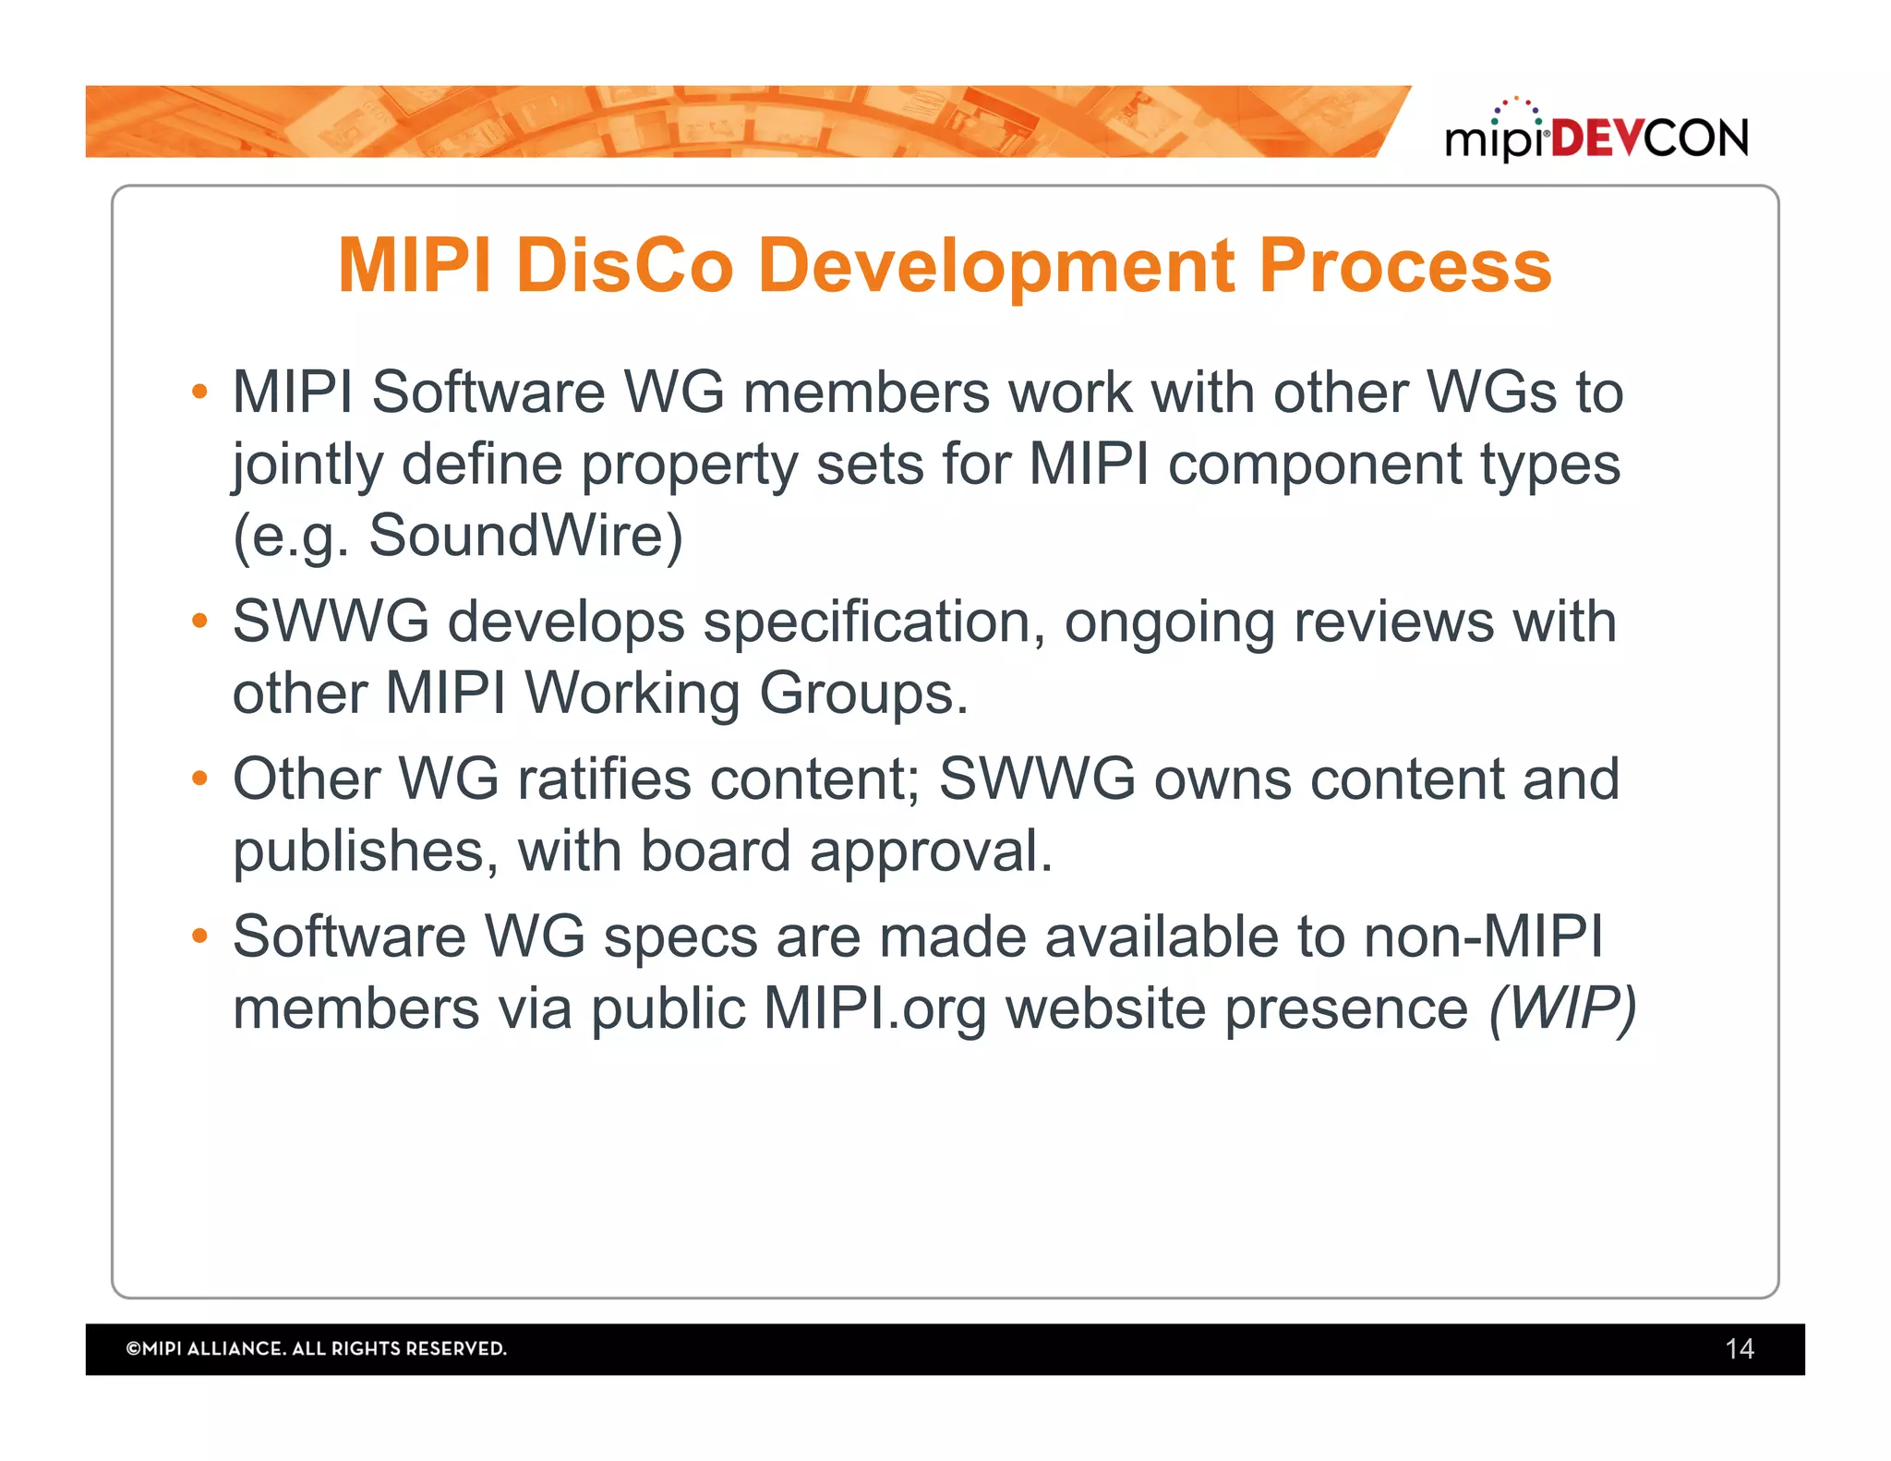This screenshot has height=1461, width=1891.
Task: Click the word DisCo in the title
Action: (625, 266)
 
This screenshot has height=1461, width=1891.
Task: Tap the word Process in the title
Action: (1405, 266)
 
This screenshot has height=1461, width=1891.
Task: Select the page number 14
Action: (1739, 1349)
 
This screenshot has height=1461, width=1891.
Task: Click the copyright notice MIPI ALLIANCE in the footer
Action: (316, 1349)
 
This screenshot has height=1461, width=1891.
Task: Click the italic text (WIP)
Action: (1561, 1008)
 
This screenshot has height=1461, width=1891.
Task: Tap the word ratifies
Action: (604, 779)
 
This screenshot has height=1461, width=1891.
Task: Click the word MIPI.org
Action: (874, 1008)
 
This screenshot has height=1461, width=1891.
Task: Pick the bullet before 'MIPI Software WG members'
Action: (199, 392)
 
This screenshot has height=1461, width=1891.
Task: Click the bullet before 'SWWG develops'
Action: (199, 621)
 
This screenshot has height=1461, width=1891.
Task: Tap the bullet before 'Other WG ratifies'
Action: (199, 779)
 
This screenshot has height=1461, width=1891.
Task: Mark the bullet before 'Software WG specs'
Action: (199, 936)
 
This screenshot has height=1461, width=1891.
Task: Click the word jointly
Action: (307, 465)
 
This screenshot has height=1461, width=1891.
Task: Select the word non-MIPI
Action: (1483, 936)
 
